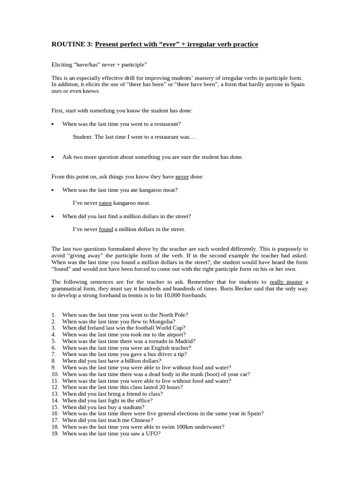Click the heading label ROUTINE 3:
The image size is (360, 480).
point(72,45)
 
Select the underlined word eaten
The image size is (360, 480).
point(105,203)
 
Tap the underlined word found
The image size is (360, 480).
point(106,229)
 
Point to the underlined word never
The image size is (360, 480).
point(182,177)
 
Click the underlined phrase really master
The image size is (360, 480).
point(286,282)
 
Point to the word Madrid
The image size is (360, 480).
point(185,341)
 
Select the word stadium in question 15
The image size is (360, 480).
point(133,407)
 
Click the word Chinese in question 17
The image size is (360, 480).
point(142,420)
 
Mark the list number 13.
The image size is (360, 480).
point(54,394)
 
